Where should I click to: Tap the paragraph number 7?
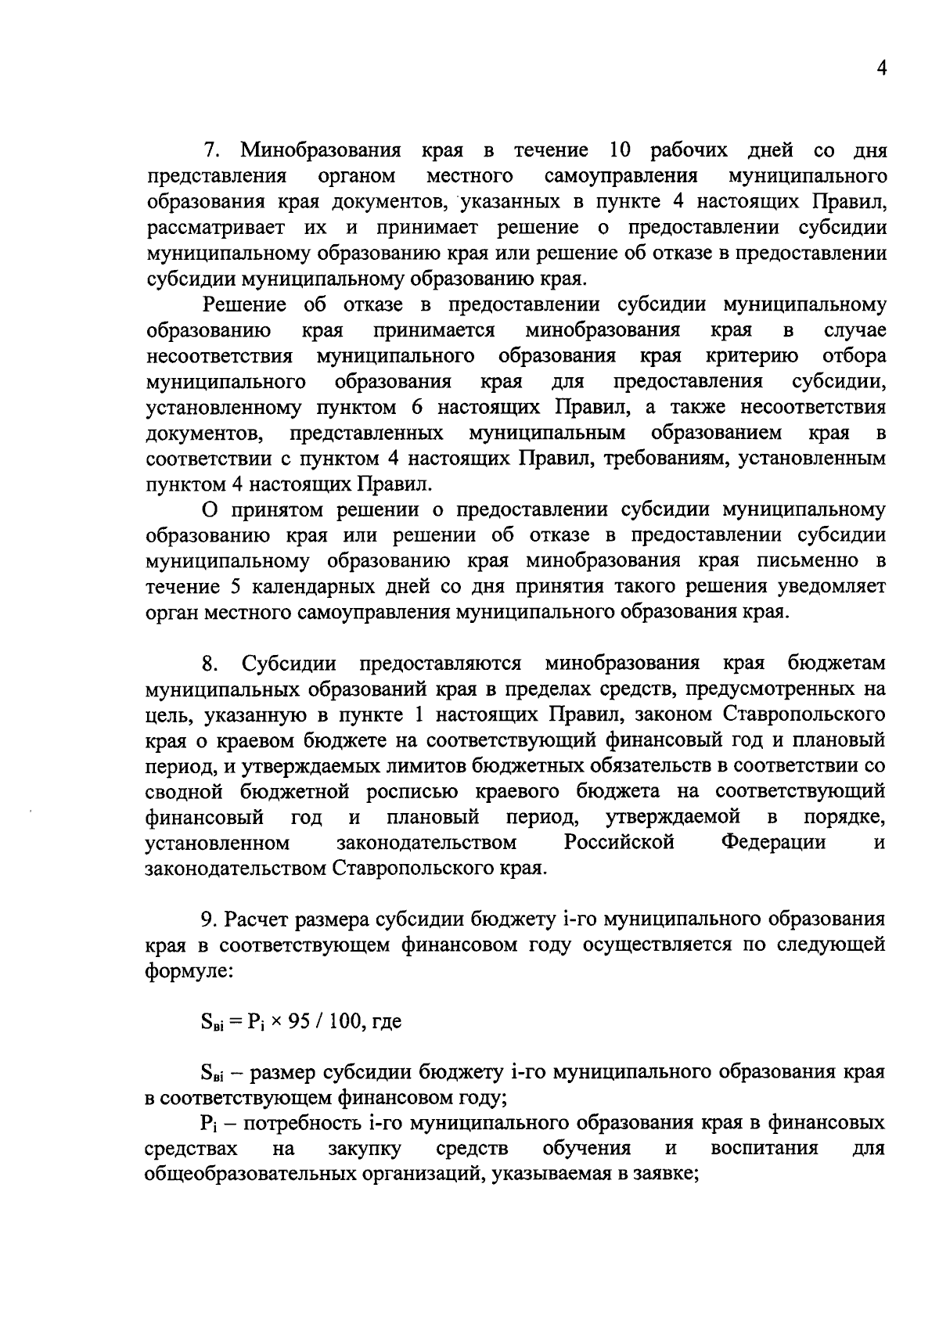[209, 150]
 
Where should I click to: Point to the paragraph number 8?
[209, 664]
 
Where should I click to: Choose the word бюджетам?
[836, 664]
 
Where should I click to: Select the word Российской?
[619, 843]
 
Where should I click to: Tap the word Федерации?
[773, 843]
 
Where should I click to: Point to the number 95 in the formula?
[300, 1022]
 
